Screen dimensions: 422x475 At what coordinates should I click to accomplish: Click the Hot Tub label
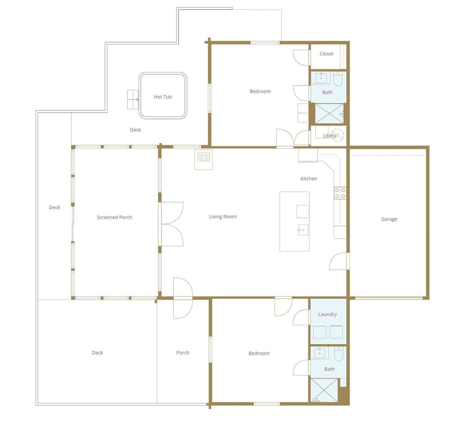click(x=163, y=97)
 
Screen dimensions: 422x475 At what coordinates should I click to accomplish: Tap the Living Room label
click(x=223, y=216)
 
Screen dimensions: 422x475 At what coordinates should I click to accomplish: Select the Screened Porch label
click(x=114, y=217)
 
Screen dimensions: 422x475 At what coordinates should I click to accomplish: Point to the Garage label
click(x=389, y=219)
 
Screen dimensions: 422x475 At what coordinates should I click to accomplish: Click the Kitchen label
click(x=309, y=179)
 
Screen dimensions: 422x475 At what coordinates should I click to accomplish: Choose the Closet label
click(x=327, y=54)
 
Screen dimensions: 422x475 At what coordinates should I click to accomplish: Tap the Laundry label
click(x=328, y=315)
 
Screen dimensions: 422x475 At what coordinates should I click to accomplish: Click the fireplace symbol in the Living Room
click(x=203, y=158)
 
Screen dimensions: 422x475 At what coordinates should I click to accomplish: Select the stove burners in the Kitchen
click(x=340, y=193)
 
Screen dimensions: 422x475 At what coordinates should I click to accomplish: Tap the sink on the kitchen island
click(x=302, y=229)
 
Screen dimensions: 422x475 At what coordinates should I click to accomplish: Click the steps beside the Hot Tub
click(x=133, y=100)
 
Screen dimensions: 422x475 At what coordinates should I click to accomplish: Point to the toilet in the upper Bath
click(x=338, y=79)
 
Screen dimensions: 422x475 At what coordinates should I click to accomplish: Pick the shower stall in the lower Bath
click(x=324, y=390)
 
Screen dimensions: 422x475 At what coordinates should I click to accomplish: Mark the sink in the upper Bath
click(x=323, y=78)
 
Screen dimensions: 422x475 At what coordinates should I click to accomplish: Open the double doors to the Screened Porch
click(x=172, y=224)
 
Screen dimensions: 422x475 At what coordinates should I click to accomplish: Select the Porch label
click(x=183, y=353)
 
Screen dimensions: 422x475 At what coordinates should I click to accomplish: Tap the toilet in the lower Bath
click(x=338, y=354)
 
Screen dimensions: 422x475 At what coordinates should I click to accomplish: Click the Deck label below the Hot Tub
click(x=136, y=130)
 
